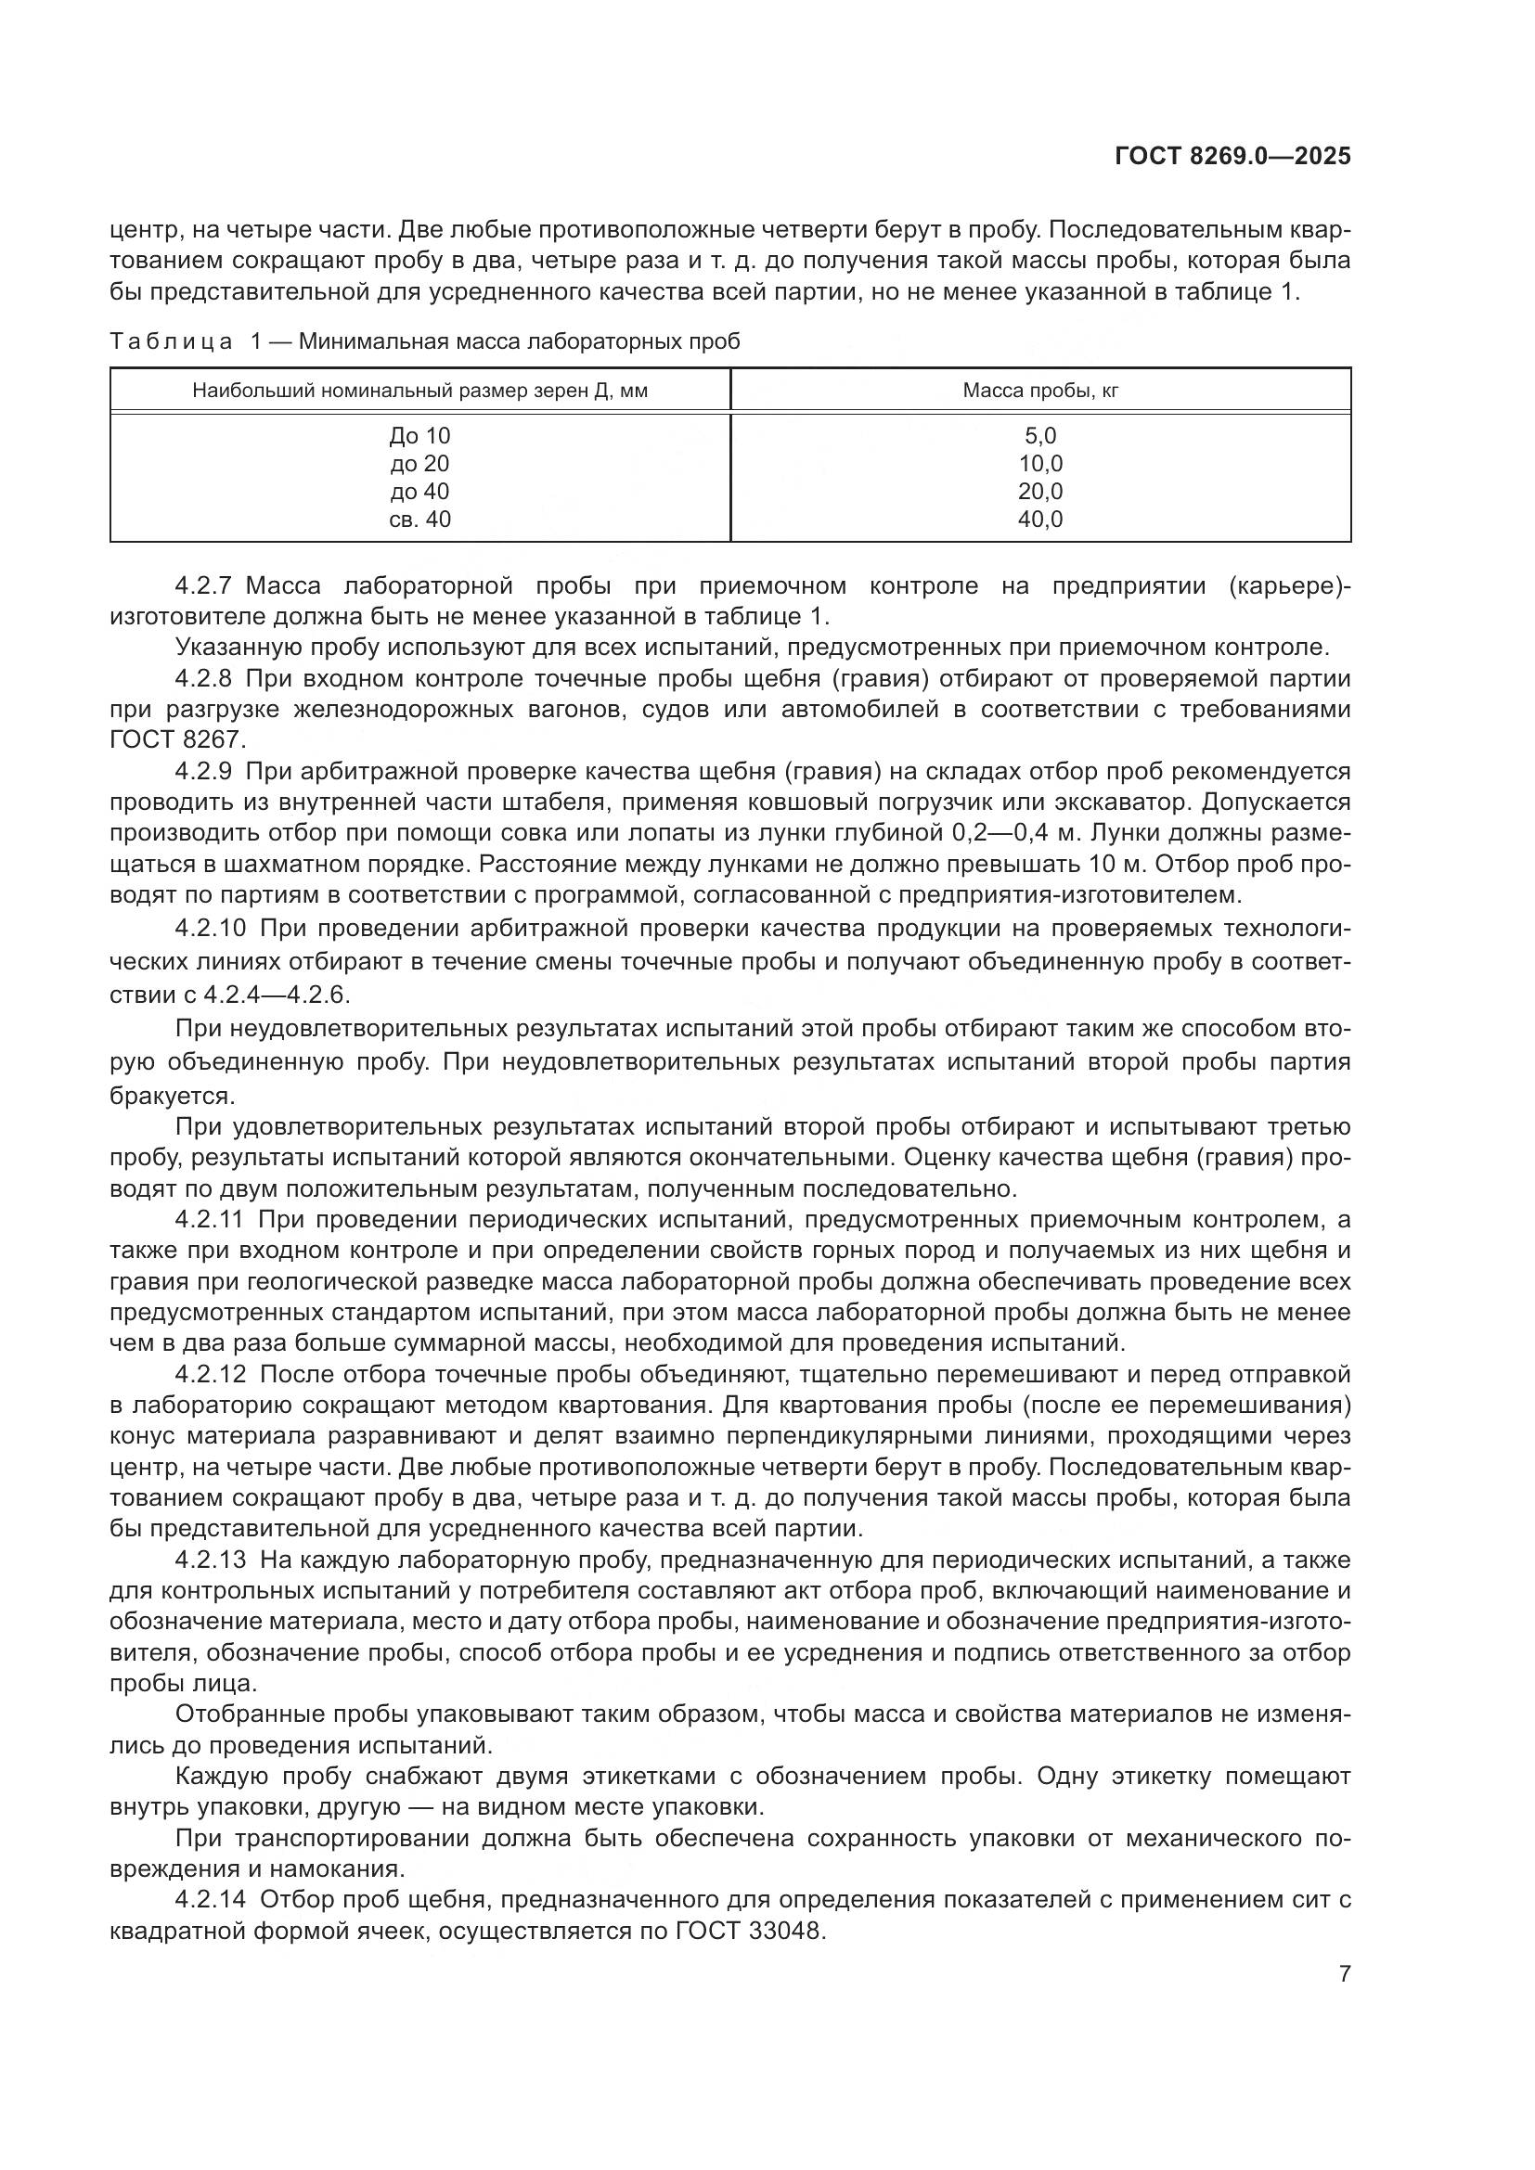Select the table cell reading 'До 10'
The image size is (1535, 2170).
click(419, 436)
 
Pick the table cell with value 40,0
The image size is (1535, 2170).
click(1039, 519)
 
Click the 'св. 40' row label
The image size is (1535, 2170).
click(419, 519)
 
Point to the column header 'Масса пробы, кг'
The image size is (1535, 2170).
click(1039, 391)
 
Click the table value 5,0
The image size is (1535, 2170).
click(1039, 436)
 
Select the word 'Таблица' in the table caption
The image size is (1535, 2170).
click(171, 342)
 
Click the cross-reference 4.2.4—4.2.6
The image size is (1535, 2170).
click(277, 995)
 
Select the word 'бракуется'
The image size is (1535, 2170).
click(171, 1097)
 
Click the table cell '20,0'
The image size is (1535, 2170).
click(1039, 492)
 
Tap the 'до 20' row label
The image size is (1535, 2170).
click(419, 464)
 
